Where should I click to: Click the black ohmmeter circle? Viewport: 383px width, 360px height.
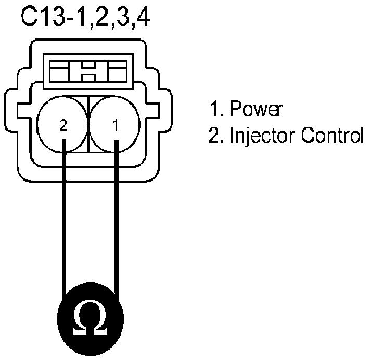click(x=91, y=315)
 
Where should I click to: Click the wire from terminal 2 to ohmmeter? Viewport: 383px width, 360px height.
click(x=64, y=218)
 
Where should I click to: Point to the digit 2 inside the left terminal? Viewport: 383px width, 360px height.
click(x=63, y=126)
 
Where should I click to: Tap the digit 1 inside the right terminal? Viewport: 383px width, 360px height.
click(x=116, y=126)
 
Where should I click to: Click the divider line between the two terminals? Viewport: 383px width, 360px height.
click(x=89, y=125)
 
